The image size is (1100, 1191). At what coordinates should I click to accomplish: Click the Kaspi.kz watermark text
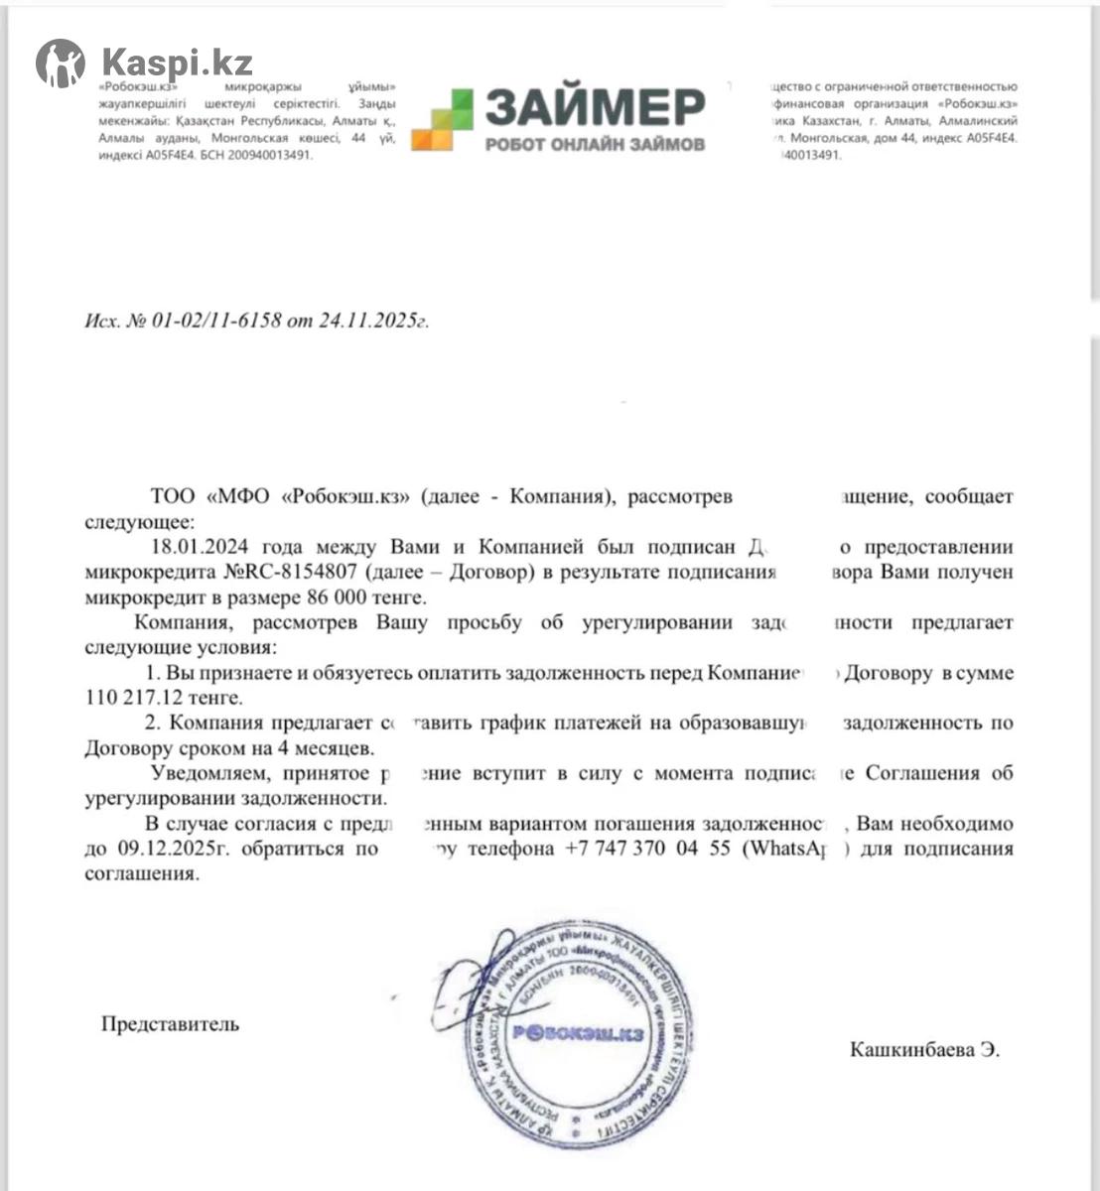point(177,64)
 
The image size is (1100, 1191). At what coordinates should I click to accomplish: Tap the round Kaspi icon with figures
point(61,64)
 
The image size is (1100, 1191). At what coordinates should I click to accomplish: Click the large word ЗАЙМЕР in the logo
point(595,106)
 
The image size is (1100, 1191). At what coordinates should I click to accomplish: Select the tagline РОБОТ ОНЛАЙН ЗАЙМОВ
point(595,144)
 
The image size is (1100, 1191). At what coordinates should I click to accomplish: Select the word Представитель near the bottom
point(170,1023)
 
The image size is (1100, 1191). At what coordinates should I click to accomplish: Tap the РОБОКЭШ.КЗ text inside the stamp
point(578,1033)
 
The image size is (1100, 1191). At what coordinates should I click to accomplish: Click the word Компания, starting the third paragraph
point(184,622)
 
